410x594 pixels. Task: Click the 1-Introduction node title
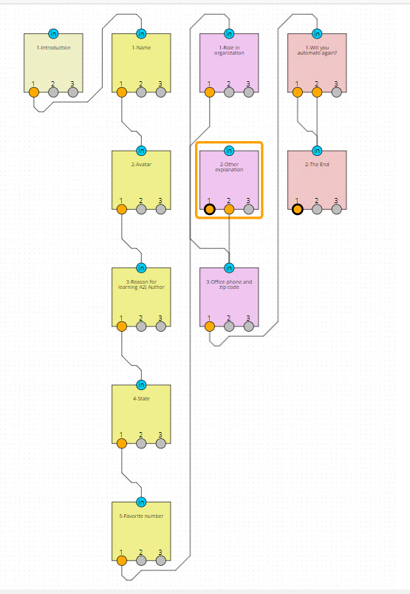tap(53, 48)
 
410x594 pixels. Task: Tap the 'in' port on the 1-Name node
tap(141, 33)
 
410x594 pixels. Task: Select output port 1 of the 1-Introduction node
tap(34, 92)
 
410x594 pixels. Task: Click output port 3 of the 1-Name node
tap(160, 92)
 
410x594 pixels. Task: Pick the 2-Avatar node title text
tap(141, 165)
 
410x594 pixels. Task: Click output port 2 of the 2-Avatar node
tap(141, 209)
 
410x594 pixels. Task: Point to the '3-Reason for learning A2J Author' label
tap(141, 284)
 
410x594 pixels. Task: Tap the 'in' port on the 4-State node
tap(141, 384)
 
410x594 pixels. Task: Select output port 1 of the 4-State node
tap(122, 443)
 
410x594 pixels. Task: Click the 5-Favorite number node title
tap(141, 516)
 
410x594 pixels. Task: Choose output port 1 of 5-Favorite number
tap(122, 561)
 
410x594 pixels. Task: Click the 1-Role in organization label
tap(229, 50)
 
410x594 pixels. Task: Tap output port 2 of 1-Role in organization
tap(229, 92)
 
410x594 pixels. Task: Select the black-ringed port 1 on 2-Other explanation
tap(210, 209)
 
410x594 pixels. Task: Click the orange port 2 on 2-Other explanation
tap(229, 209)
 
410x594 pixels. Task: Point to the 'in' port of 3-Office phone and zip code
tap(229, 267)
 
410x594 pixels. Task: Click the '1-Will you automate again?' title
tap(316, 50)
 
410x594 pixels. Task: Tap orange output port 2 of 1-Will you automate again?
tap(317, 92)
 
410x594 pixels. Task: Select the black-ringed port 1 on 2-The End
tap(298, 209)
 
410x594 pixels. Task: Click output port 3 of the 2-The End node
tap(336, 209)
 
